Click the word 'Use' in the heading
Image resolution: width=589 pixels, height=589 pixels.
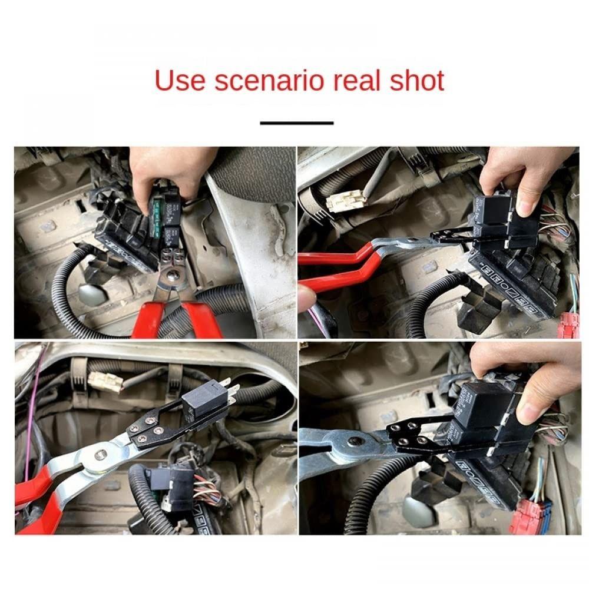pyautogui.click(x=180, y=81)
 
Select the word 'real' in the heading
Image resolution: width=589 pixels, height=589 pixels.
pyautogui.click(x=356, y=81)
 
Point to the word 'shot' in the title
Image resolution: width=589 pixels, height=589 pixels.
pyautogui.click(x=416, y=81)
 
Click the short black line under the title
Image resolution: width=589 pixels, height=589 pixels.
pyautogui.click(x=297, y=123)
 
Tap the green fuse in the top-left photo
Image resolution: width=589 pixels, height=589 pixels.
pyautogui.click(x=157, y=217)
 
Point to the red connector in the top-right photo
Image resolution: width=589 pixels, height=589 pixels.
pyautogui.click(x=568, y=325)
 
